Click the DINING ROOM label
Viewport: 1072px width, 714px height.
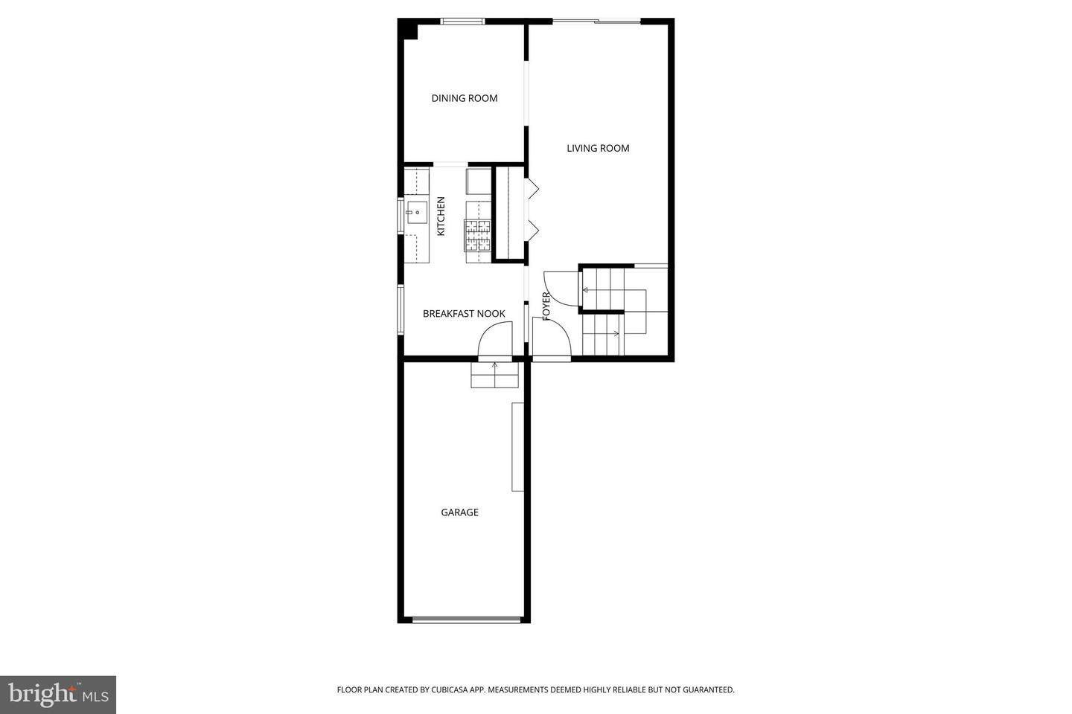tap(464, 98)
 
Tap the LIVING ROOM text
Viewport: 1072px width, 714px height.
tap(598, 148)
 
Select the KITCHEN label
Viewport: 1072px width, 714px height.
tap(441, 216)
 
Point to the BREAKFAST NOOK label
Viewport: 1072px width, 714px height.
tap(464, 314)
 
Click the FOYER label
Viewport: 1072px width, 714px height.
tap(546, 306)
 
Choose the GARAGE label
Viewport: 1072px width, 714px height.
tap(459, 512)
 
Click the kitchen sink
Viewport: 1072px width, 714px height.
tap(415, 213)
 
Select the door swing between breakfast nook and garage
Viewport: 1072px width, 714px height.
tap(494, 344)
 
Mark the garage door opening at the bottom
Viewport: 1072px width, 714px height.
tap(467, 619)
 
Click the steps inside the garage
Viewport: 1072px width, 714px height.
tap(495, 376)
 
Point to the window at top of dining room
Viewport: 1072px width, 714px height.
tap(462, 21)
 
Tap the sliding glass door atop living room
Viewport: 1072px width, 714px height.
tap(596, 21)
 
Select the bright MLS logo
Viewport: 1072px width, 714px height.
tap(57, 695)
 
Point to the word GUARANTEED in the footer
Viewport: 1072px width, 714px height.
tap(706, 690)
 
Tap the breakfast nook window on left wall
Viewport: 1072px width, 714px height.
tap(401, 309)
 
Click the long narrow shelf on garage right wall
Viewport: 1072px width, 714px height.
tap(517, 446)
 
